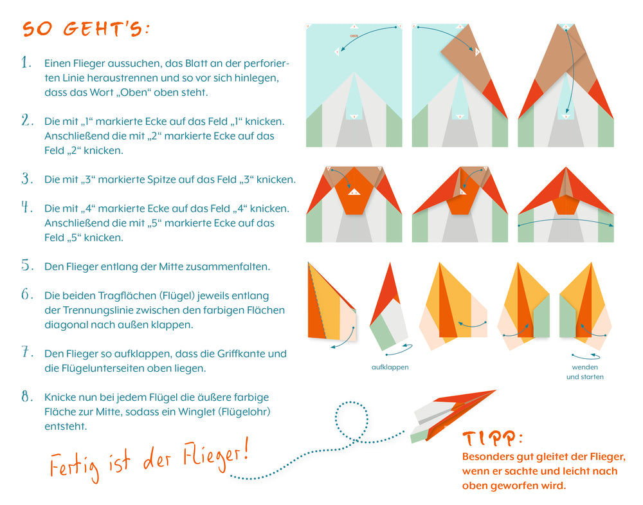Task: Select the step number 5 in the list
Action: pos(26,265)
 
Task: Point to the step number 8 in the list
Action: pos(26,396)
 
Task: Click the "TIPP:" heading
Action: pos(492,439)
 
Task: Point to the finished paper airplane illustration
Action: pos(453,415)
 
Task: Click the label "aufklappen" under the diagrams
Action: pos(390,367)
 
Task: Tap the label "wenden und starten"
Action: pos(584,372)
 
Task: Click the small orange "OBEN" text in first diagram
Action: pos(354,36)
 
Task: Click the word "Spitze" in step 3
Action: pos(164,179)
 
